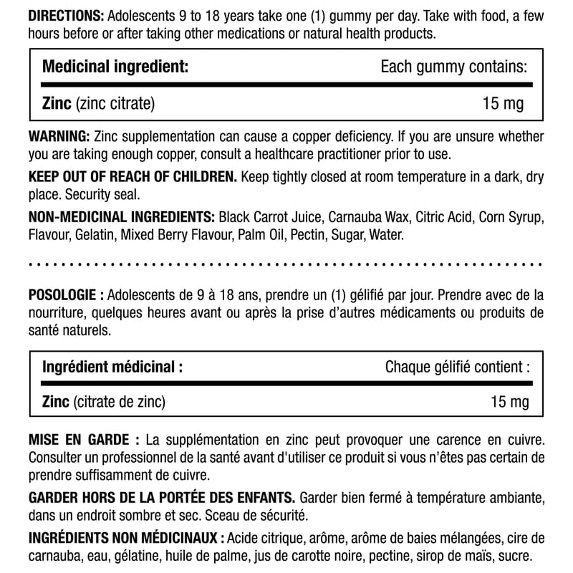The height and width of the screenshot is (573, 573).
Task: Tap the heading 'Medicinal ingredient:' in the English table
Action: pos(116,67)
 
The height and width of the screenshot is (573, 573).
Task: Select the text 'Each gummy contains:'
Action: pos(454,67)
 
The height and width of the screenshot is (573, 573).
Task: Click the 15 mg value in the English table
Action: pos(504,104)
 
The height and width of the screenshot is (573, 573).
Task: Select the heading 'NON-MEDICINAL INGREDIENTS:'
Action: pos(122,217)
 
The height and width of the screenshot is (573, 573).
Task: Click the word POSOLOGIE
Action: pos(64,296)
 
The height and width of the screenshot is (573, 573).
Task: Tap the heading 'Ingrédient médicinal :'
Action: pos(112,367)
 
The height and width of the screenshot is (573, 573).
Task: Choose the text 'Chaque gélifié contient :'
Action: pos(458,367)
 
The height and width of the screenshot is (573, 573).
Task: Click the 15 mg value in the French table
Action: pos(509,403)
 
